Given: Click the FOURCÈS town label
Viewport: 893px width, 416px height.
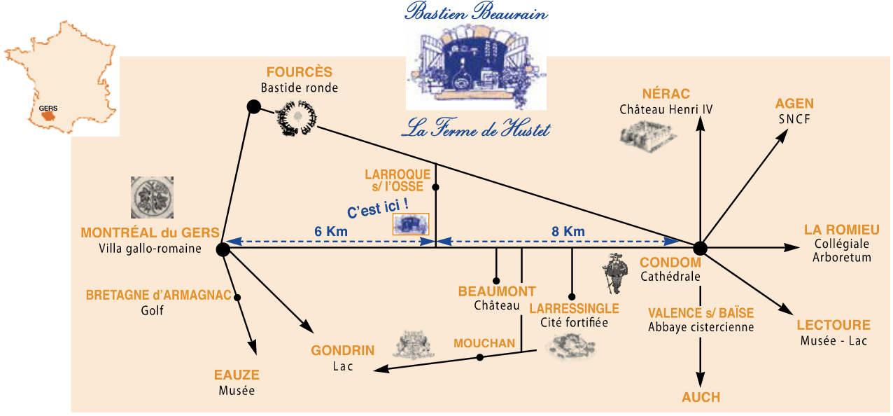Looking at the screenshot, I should tap(299, 72).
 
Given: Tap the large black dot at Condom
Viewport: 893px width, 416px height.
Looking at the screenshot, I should tap(700, 248).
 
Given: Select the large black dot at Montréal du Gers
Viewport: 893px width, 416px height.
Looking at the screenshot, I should tap(223, 249).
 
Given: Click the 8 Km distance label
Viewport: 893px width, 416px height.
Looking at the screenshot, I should tap(568, 232).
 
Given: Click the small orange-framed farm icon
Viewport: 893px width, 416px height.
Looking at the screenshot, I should tap(411, 224).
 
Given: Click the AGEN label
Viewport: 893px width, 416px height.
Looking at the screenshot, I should tap(794, 104).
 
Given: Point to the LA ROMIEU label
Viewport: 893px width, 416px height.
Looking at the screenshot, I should tap(841, 230).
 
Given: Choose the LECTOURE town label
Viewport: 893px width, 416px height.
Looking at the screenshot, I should tap(834, 325).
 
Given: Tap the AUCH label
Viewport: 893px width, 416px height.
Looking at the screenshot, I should tap(701, 397).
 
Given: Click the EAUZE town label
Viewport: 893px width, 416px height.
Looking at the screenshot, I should tap(237, 375).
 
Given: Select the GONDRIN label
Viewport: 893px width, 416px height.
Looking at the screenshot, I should tap(343, 350).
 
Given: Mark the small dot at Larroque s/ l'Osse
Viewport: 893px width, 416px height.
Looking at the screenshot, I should tap(436, 187).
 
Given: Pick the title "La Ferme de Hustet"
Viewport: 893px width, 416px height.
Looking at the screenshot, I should tap(476, 130).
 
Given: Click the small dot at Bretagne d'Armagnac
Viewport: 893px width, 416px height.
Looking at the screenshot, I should tap(237, 298).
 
